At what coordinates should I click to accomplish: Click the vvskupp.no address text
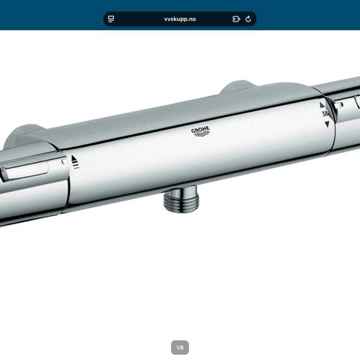click(x=180, y=19)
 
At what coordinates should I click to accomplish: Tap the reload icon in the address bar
click(x=248, y=19)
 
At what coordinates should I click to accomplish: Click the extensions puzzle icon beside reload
click(x=236, y=19)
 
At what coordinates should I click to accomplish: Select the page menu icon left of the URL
click(x=111, y=19)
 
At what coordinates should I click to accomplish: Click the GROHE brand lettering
click(x=200, y=130)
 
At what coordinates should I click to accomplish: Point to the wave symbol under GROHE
click(x=202, y=135)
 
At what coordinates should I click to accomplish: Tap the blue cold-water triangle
click(x=322, y=105)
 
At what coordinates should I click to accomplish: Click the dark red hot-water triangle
click(x=327, y=124)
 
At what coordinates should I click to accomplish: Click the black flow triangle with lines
click(x=75, y=161)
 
